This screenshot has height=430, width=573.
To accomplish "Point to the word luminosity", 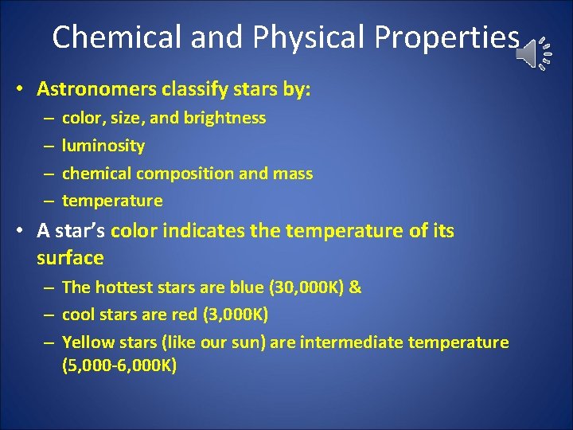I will click(103, 146).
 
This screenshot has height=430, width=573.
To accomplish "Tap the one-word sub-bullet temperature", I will click(112, 201).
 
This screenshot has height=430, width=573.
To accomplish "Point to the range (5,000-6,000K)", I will click(119, 366).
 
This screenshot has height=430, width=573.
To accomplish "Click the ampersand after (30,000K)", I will click(355, 287).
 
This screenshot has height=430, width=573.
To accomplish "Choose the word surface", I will click(70, 258).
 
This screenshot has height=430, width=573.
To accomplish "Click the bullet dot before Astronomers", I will click(19, 89).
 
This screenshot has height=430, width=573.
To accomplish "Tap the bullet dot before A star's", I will click(19, 232).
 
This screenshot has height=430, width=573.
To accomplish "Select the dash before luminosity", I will click(48, 147).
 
